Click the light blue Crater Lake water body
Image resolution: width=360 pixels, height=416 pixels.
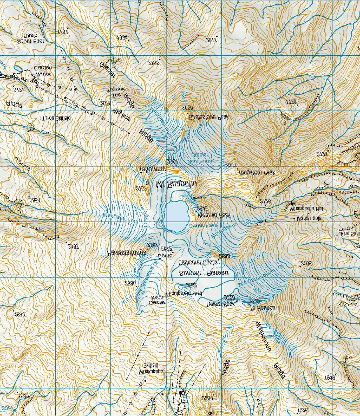(x=175, y=212)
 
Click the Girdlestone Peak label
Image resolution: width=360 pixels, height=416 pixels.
(x=208, y=116)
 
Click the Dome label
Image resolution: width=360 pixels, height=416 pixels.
(x=164, y=255)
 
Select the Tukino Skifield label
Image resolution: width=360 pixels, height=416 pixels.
(x=347, y=233)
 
